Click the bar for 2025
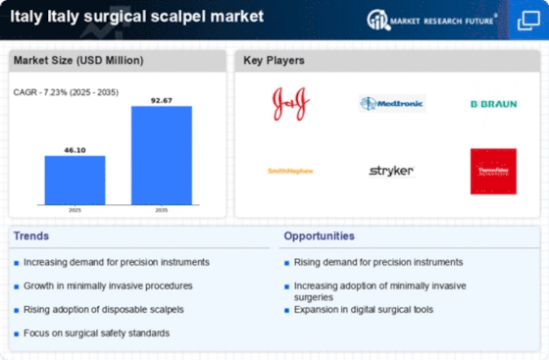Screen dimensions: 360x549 pos(75,180)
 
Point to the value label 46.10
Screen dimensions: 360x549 pos(75,148)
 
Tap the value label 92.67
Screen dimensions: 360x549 pos(162,99)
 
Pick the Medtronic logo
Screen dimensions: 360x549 pos(391,103)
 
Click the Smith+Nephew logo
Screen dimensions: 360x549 pos(291,171)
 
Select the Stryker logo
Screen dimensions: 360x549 pos(391,171)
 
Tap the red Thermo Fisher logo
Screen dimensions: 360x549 pos(493,171)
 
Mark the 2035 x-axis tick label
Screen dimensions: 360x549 pos(162,208)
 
